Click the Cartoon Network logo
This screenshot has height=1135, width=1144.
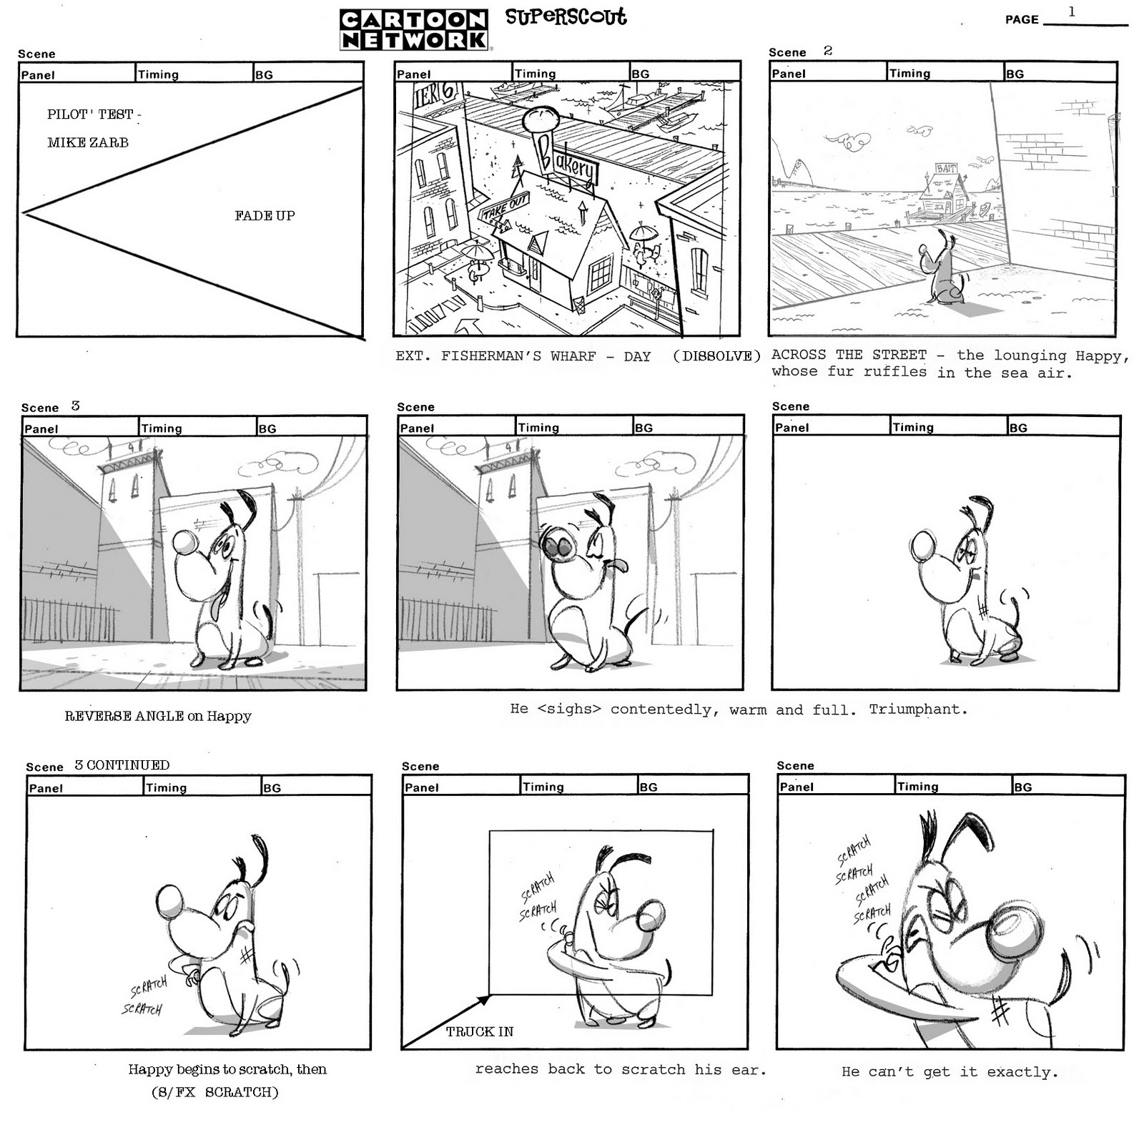pos(415,29)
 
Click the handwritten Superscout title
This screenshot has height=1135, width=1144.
pos(566,16)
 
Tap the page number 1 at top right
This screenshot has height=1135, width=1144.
pos(1071,11)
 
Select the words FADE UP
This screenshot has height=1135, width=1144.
pos(265,215)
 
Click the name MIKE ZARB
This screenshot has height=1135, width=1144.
pos(88,142)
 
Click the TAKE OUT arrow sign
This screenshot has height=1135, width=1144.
pos(505,210)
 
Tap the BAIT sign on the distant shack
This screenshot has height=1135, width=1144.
pos(946,168)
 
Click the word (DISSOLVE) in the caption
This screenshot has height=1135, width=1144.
pos(716,356)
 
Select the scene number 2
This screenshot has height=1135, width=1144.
pos(828,50)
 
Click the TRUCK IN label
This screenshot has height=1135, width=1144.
pos(480,1031)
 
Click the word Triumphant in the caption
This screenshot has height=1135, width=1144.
pos(918,709)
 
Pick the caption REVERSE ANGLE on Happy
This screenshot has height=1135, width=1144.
pos(158,716)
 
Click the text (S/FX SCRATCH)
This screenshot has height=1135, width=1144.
pos(214,1092)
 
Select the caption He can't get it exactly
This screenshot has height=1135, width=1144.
pos(950,1071)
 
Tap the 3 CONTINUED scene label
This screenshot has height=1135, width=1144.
pos(122,765)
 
